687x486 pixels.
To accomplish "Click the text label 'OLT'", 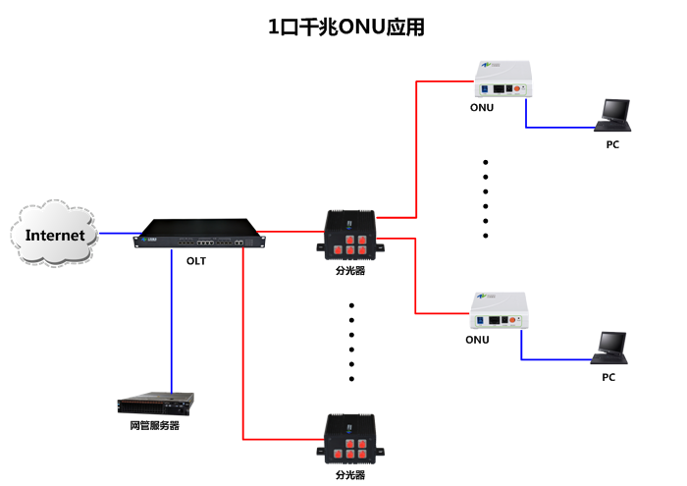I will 197,261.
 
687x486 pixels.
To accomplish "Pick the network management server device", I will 155,403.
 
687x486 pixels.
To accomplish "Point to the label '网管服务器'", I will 154,426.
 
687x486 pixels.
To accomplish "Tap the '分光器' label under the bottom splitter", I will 350,475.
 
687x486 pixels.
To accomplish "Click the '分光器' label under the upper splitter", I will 350,270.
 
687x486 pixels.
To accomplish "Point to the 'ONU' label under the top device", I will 481,108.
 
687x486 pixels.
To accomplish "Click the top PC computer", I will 614,114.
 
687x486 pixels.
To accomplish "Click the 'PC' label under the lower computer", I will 608,377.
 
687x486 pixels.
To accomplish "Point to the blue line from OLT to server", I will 172,324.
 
